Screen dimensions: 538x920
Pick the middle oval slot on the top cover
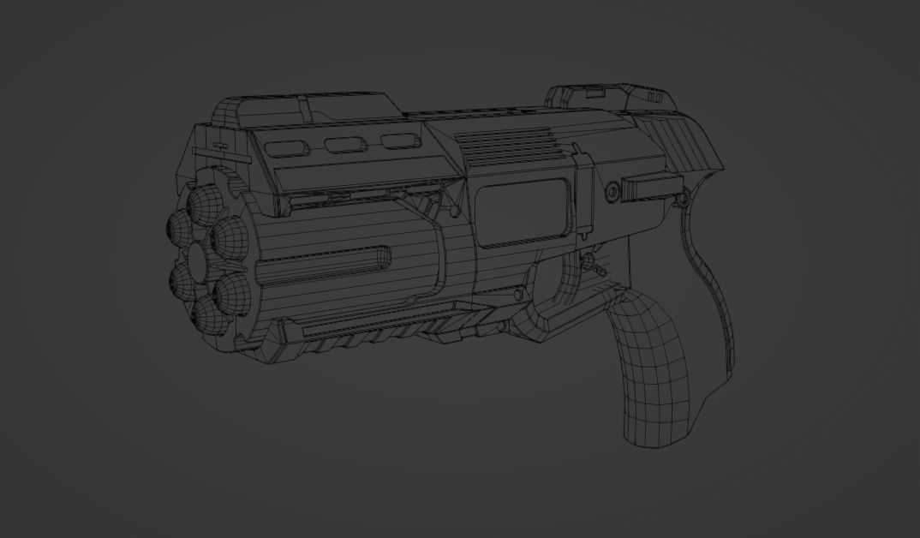346,144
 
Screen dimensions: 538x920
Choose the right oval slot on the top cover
397,141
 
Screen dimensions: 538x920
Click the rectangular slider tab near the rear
648,188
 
